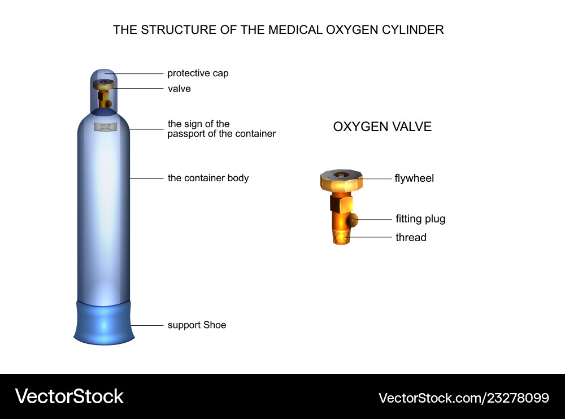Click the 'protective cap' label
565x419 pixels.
(198, 73)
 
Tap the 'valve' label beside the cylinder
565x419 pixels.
(179, 89)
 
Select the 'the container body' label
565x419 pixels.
(208, 178)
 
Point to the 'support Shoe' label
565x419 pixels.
(197, 325)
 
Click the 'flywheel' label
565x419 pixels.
(414, 178)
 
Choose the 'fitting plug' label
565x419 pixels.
(420, 219)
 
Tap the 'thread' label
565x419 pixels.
(411, 238)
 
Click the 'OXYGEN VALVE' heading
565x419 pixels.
(382, 126)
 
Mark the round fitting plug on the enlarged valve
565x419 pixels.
(353, 219)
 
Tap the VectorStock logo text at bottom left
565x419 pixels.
(69, 396)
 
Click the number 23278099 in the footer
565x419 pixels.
(520, 398)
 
